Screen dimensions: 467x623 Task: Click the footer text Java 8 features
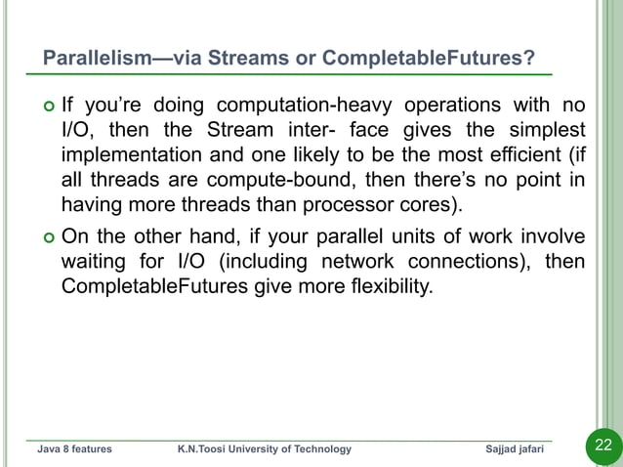(x=74, y=449)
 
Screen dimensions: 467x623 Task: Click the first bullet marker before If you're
(x=47, y=106)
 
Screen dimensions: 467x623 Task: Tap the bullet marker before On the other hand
(x=47, y=237)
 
